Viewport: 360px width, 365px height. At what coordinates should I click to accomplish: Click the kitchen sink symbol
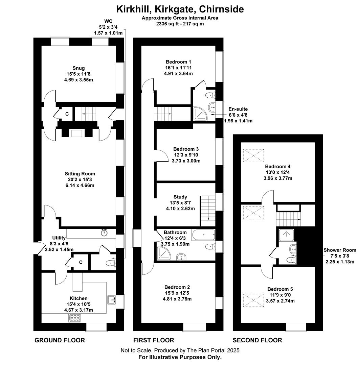pyautogui.click(x=112, y=299)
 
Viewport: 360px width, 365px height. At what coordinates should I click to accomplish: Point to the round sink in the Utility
pyautogui.click(x=104, y=233)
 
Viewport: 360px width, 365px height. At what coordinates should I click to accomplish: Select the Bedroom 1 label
pyautogui.click(x=179, y=62)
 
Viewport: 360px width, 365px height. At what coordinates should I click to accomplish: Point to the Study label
pyautogui.click(x=180, y=197)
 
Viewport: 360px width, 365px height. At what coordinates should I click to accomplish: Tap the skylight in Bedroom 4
pyautogui.click(x=254, y=156)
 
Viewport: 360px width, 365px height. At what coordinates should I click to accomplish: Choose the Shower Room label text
pyautogui.click(x=340, y=250)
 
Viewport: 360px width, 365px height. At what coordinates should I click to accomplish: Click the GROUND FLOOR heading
pyautogui.click(x=60, y=340)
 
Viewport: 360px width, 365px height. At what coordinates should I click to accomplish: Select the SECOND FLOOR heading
pyautogui.click(x=257, y=340)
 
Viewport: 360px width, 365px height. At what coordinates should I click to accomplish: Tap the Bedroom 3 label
pyautogui.click(x=186, y=149)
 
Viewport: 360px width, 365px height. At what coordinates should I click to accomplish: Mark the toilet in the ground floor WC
pyautogui.click(x=110, y=263)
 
